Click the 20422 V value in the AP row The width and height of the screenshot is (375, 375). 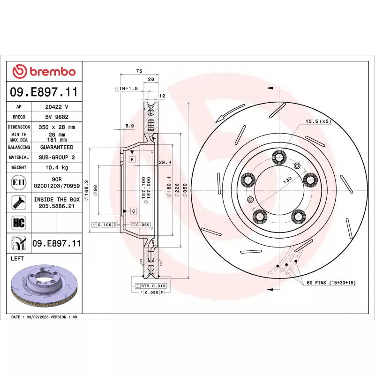57,107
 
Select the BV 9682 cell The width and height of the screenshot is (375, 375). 57,117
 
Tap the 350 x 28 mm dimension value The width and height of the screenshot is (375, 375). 57,127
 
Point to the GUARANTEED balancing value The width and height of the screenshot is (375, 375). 57,147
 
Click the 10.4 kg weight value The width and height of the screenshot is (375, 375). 57,167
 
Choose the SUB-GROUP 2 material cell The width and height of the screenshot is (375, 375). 57,157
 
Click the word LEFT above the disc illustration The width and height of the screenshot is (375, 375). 18,258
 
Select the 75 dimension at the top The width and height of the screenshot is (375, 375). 139,71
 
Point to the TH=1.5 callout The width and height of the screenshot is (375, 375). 126,88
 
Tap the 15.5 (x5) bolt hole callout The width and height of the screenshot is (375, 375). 318,121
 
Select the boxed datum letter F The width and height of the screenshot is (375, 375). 133,160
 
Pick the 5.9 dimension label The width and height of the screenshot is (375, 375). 130,126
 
